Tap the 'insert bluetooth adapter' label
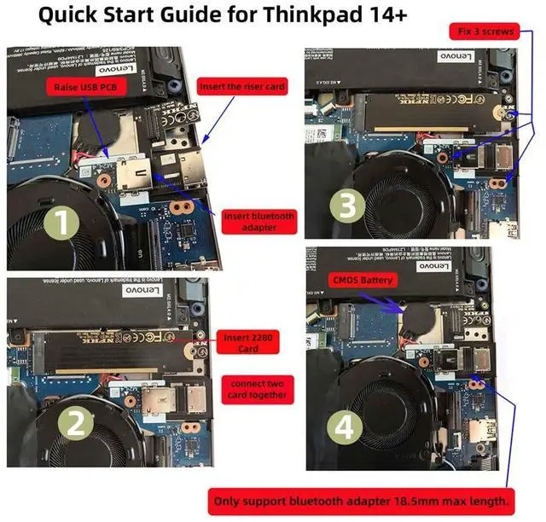[x=258, y=222]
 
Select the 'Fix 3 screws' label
[x=483, y=32]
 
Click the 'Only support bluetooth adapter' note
[x=363, y=500]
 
